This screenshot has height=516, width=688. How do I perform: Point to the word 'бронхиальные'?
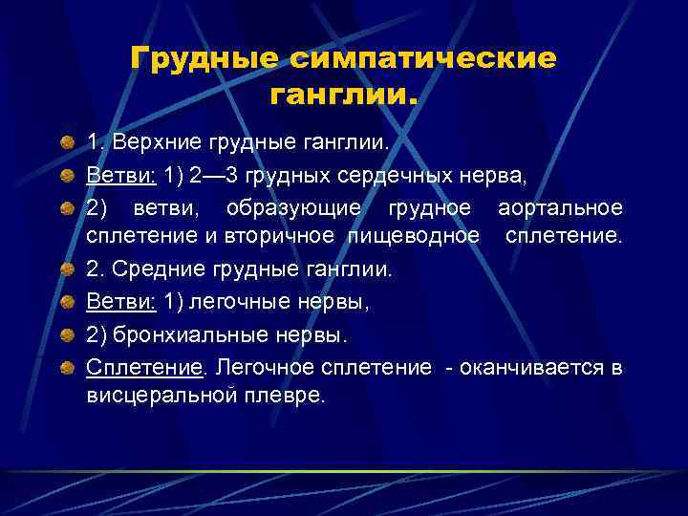point(200,334)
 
